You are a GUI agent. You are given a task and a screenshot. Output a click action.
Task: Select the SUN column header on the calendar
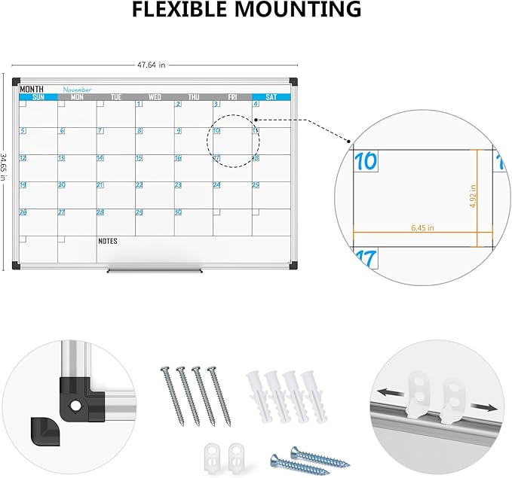coord(38,96)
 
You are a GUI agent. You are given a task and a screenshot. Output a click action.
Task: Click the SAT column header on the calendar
coord(271,96)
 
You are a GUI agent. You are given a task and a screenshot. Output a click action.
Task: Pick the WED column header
coord(155,96)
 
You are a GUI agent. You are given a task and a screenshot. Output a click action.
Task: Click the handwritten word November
coord(77,89)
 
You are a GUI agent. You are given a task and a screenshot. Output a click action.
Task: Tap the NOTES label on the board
coord(109,241)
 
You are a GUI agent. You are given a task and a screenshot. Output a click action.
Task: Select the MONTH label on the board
coord(32,89)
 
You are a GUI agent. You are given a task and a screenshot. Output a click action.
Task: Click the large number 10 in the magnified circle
coord(366,161)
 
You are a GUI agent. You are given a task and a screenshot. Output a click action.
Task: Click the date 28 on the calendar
coord(100,212)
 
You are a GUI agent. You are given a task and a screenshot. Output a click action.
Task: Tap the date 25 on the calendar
coord(256,184)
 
